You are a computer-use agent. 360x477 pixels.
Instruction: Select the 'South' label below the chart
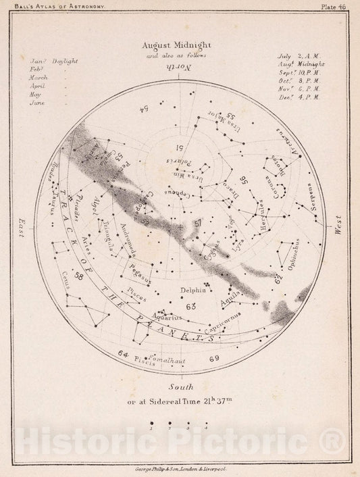coord(182,386)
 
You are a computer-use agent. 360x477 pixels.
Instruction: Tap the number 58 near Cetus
coord(80,275)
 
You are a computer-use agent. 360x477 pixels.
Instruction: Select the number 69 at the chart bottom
coord(215,357)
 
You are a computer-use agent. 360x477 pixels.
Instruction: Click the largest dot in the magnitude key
coord(151,423)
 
